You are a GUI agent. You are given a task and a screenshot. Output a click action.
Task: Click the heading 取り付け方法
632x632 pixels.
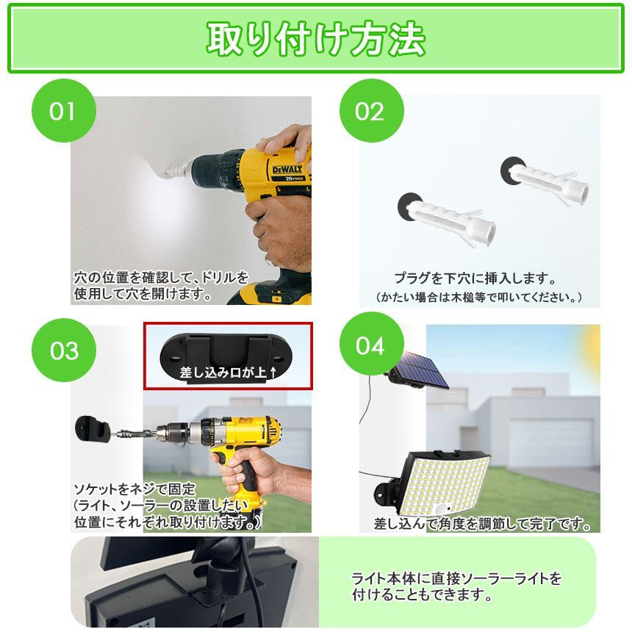(x=315, y=38)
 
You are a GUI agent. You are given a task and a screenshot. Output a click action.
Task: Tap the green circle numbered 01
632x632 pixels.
(x=63, y=111)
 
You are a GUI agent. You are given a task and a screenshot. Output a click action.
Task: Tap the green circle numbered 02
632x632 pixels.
(x=370, y=111)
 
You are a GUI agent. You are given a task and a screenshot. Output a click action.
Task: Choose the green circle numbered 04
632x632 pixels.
(x=370, y=345)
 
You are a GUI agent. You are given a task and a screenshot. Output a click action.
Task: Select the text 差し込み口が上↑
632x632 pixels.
(x=228, y=373)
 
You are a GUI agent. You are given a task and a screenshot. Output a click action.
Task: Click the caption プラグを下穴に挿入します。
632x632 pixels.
(x=475, y=279)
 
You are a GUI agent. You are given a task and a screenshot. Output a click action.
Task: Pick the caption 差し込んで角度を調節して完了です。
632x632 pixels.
(x=482, y=525)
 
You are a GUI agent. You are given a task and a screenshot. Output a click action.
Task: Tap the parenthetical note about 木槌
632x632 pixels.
(x=478, y=297)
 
